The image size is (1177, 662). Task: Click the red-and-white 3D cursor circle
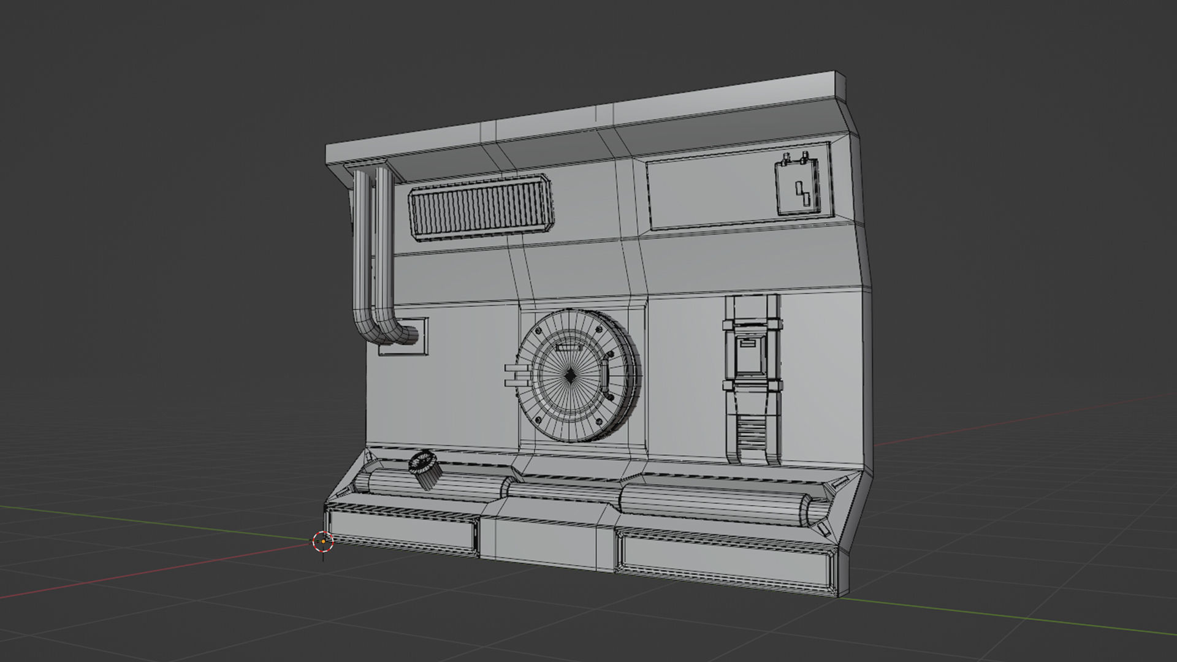pos(323,541)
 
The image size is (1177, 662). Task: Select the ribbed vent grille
pos(481,206)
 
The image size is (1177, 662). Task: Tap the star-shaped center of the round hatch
pos(570,376)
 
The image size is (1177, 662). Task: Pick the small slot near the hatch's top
pos(568,348)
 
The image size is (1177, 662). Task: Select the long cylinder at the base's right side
pos(717,504)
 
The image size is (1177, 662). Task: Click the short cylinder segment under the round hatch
pos(564,489)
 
